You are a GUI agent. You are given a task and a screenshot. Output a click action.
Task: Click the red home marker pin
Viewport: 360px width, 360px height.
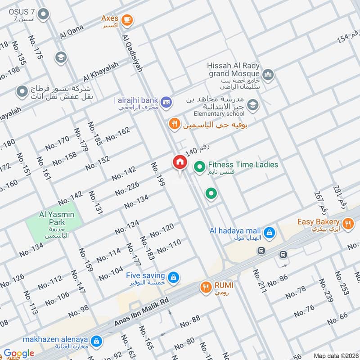click(180, 162)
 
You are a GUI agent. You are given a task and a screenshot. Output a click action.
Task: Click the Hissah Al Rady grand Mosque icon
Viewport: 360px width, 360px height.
click(268, 73)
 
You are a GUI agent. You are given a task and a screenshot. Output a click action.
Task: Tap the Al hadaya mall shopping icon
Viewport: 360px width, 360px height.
click(269, 232)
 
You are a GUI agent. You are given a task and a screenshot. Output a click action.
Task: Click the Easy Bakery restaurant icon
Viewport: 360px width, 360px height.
click(347, 222)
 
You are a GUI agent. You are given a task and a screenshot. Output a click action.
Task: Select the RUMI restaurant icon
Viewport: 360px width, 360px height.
click(206, 286)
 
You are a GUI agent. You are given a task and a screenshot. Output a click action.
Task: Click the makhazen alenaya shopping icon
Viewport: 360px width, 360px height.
click(96, 341)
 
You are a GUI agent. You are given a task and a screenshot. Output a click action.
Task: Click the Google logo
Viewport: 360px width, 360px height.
click(19, 353)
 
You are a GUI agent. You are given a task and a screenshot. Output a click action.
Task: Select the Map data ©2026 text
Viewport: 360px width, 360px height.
click(335, 355)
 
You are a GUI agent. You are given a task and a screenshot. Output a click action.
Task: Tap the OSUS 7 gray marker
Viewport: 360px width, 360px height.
click(44, 15)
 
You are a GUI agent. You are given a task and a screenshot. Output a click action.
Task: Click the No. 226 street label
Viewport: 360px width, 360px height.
click(127, 188)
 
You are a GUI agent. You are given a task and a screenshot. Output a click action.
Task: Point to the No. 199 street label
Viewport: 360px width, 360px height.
click(158, 174)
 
